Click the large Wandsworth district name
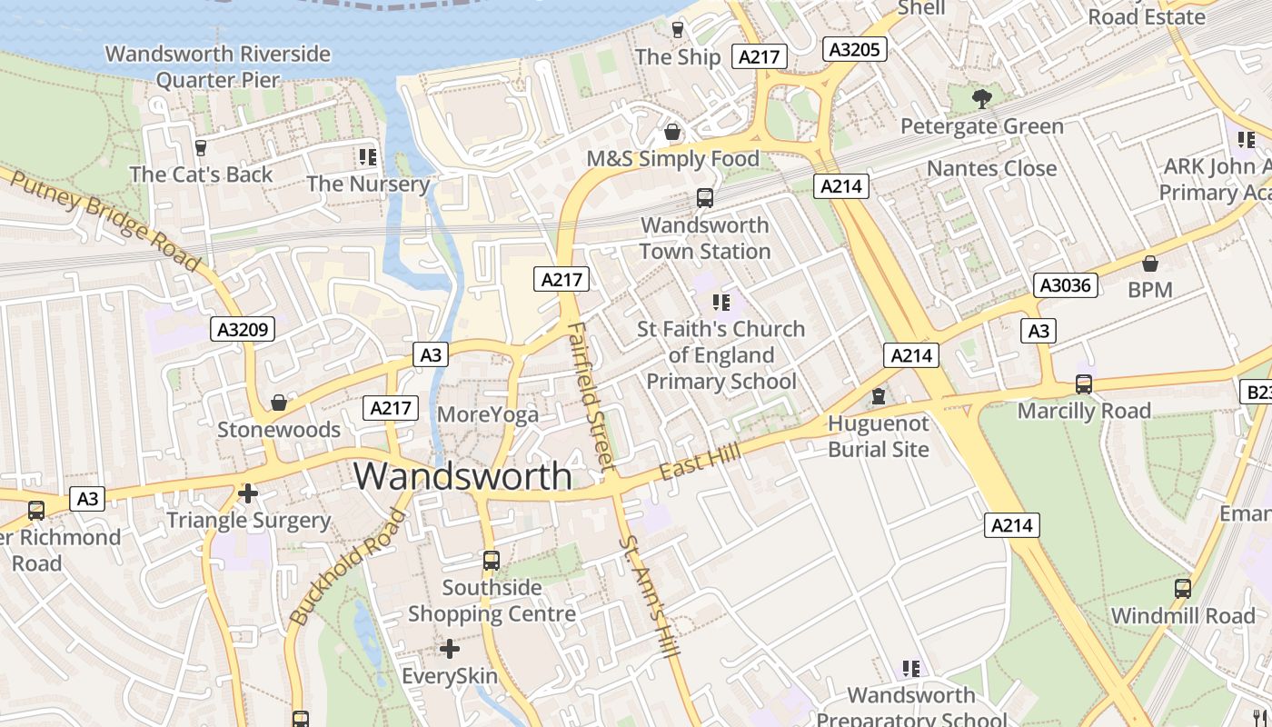[x=462, y=476]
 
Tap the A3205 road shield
[x=854, y=49]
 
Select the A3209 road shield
[x=243, y=329]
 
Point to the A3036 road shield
[x=1066, y=285]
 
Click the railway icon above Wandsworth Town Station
[x=704, y=197]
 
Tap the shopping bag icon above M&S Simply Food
[x=672, y=133]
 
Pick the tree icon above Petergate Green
[x=981, y=98]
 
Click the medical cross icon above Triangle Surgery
[x=247, y=493]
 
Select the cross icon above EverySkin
[x=450, y=649]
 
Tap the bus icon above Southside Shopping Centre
[x=492, y=561]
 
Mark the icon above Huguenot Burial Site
[x=878, y=396]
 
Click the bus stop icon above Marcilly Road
[x=1083, y=383]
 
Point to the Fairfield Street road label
[x=591, y=396]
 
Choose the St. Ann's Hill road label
[x=650, y=600]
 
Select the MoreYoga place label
[x=488, y=414]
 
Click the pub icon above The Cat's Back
[x=201, y=147]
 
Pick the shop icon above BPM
[x=1149, y=264]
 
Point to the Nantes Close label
[x=991, y=168]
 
